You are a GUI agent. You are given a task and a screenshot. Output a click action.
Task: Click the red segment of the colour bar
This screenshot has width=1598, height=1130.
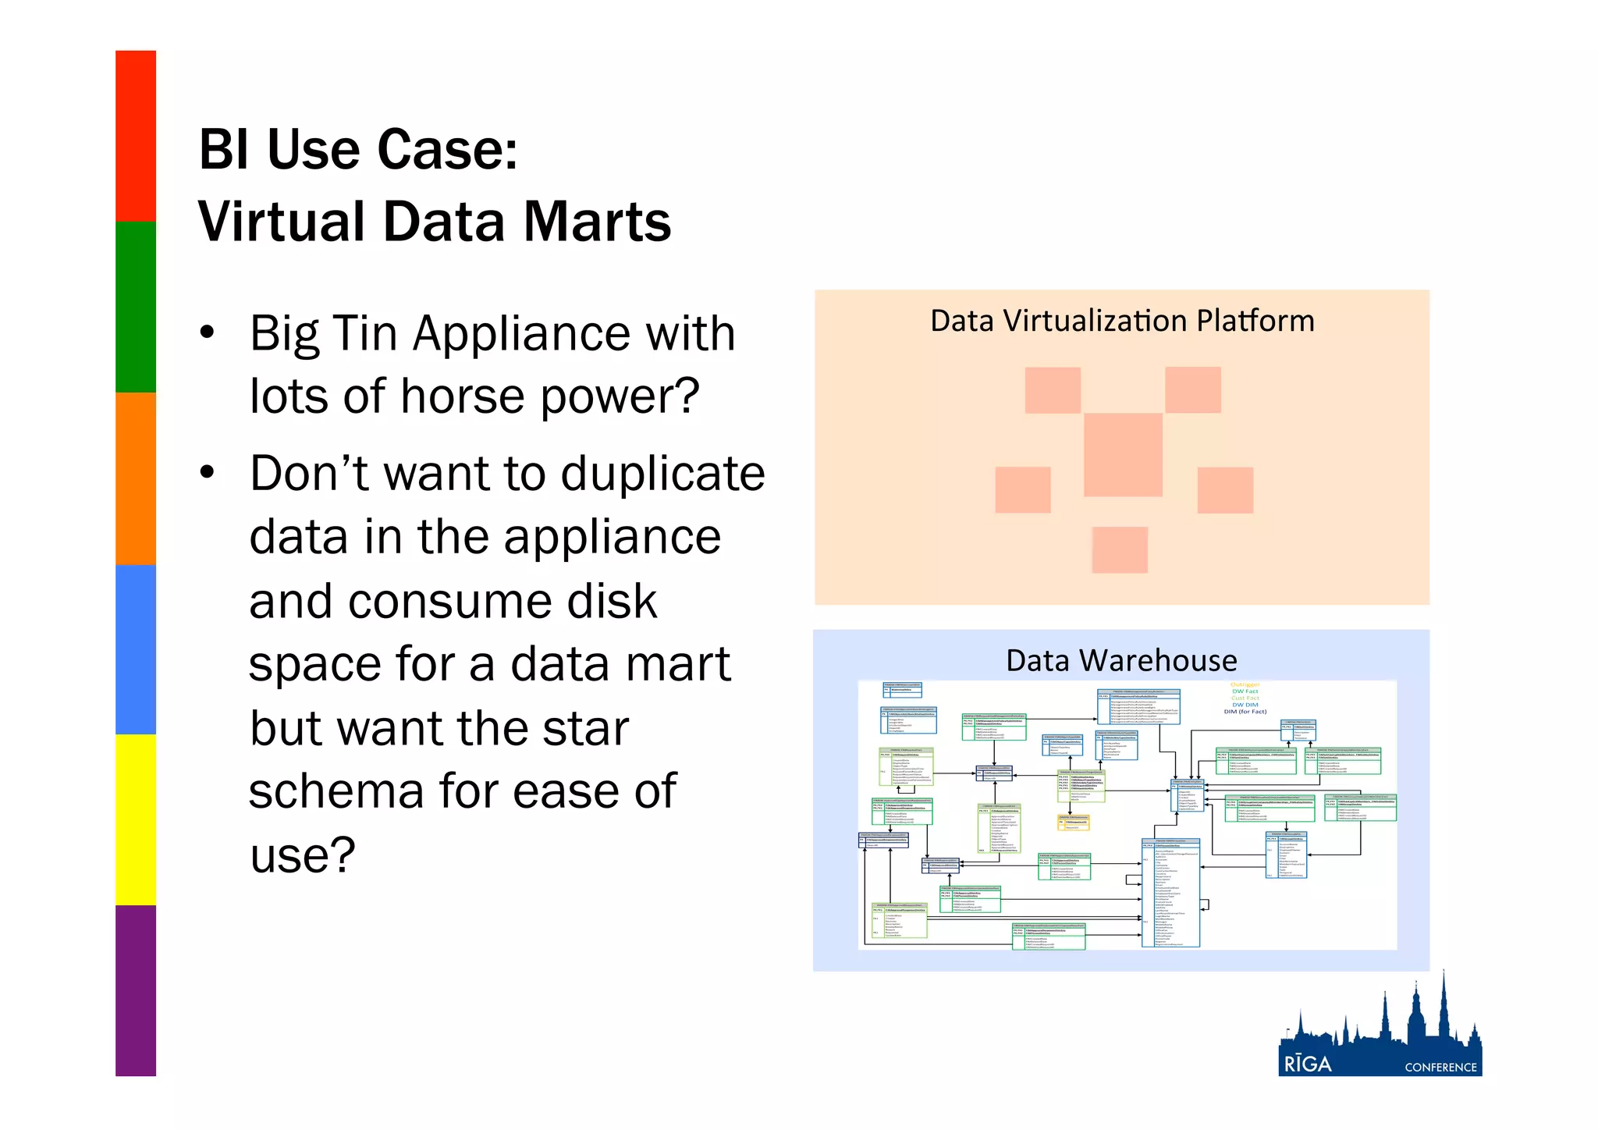tap(136, 136)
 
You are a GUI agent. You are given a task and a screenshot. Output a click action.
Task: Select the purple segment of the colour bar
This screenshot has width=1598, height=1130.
tap(136, 990)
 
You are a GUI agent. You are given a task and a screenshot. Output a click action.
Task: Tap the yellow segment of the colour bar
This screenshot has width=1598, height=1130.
tap(136, 819)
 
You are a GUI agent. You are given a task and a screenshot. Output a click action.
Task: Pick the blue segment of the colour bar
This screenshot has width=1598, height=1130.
tap(136, 649)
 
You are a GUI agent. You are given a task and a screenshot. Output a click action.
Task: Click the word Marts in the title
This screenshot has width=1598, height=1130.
tap(597, 222)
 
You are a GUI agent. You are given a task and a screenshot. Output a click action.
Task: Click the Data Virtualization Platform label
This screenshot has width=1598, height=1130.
tap(1122, 322)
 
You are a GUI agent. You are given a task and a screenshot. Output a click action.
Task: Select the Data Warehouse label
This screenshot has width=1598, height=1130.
tap(1121, 661)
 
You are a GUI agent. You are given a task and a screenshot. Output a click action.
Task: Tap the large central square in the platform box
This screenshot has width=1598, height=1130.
tap(1123, 455)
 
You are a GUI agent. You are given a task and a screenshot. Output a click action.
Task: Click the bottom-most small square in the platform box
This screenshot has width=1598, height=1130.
tap(1120, 549)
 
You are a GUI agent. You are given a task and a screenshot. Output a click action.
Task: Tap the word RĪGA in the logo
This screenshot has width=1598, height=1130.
tap(1308, 1064)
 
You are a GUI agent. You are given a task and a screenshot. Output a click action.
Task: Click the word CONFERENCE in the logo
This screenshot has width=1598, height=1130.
tap(1440, 1068)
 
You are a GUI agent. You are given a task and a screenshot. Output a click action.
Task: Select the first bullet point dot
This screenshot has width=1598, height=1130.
tap(207, 333)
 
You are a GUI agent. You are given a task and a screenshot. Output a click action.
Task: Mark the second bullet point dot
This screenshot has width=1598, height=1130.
tap(207, 473)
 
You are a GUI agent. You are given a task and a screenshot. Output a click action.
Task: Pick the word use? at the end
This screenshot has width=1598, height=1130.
tap(303, 855)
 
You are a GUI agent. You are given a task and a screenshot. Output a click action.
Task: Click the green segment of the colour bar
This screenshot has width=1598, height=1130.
tap(136, 307)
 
